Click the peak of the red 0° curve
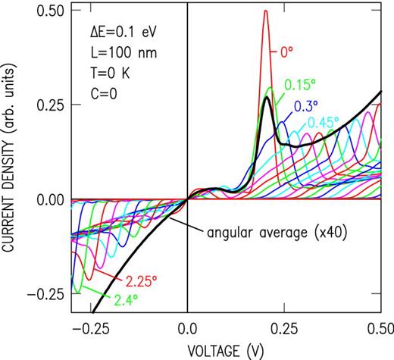(265, 11)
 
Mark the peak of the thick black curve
(266, 97)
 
